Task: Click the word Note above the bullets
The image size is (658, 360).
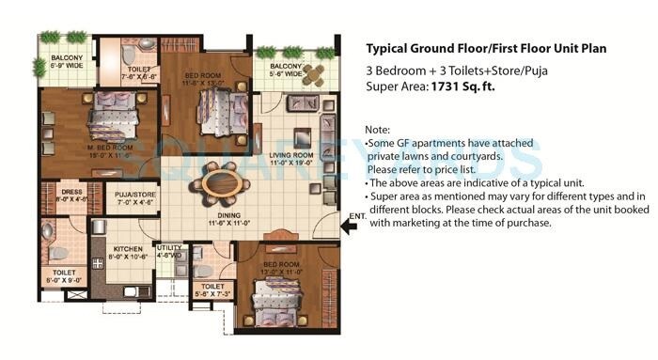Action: point(377,129)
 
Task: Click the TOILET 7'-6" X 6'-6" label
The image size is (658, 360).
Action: point(139,75)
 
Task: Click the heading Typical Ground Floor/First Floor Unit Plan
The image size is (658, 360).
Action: point(485,48)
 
